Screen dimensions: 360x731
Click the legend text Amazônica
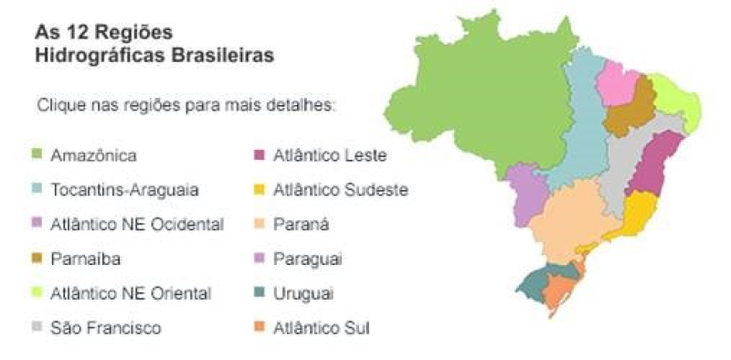click(94, 155)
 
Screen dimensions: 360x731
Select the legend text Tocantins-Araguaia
click(125, 190)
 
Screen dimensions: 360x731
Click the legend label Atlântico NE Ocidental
click(137, 225)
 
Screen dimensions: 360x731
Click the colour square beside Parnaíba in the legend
click(38, 259)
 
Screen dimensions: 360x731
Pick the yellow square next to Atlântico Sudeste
click(260, 190)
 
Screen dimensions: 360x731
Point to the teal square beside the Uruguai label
click(260, 292)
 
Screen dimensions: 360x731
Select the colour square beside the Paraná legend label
click(260, 224)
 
